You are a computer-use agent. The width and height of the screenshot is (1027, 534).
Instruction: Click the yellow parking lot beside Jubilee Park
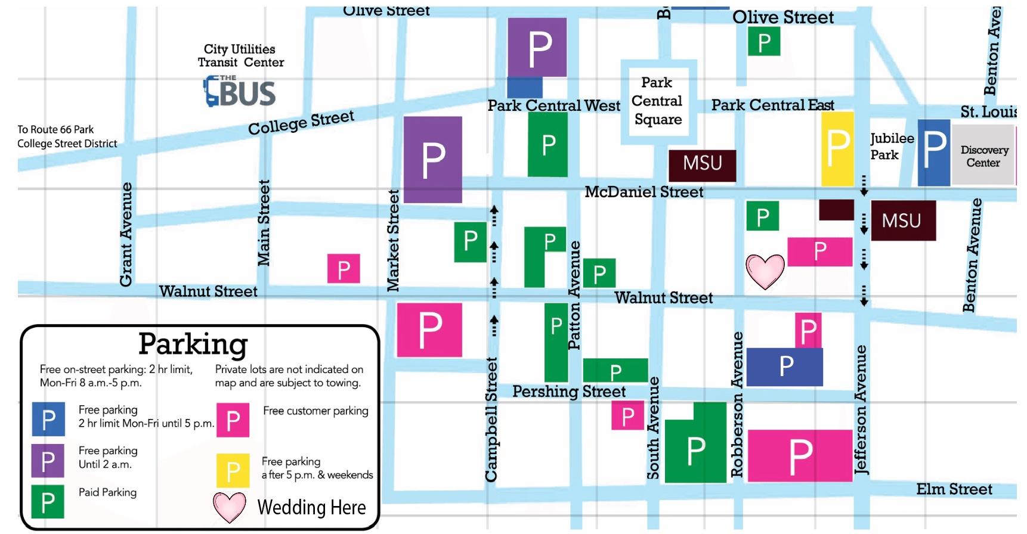click(x=837, y=149)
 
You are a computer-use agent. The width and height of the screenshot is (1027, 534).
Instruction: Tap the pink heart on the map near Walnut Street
click(x=765, y=271)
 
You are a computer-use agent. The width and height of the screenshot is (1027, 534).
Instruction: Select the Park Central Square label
click(x=657, y=101)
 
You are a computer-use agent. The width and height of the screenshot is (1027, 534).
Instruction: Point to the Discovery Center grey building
click(x=983, y=156)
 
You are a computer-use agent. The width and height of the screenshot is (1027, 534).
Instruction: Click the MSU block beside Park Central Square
click(x=702, y=164)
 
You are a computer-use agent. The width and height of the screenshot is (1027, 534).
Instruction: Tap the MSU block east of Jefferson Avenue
click(x=903, y=221)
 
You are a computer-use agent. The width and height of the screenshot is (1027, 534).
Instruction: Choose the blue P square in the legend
click(x=48, y=419)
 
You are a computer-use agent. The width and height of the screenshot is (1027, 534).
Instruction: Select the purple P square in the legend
click(x=48, y=460)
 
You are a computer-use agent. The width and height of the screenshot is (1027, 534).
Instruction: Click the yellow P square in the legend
click(x=233, y=471)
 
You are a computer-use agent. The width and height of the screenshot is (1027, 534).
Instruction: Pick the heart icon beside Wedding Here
click(x=230, y=507)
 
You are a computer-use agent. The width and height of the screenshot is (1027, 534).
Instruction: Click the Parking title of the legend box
click(x=193, y=344)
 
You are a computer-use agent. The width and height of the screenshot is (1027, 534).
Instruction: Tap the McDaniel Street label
click(x=644, y=192)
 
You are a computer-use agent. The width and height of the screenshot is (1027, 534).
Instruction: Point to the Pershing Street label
click(x=568, y=392)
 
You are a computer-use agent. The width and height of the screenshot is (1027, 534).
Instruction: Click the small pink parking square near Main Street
click(x=344, y=269)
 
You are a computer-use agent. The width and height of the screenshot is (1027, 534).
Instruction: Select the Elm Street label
click(x=954, y=489)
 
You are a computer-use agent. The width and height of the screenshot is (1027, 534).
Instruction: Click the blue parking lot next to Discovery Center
click(x=933, y=152)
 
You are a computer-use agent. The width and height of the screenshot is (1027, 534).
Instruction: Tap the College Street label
click(x=301, y=122)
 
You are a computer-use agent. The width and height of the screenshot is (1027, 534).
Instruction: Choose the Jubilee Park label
click(x=892, y=147)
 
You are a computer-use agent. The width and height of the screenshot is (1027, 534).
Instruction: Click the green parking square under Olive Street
click(x=764, y=42)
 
